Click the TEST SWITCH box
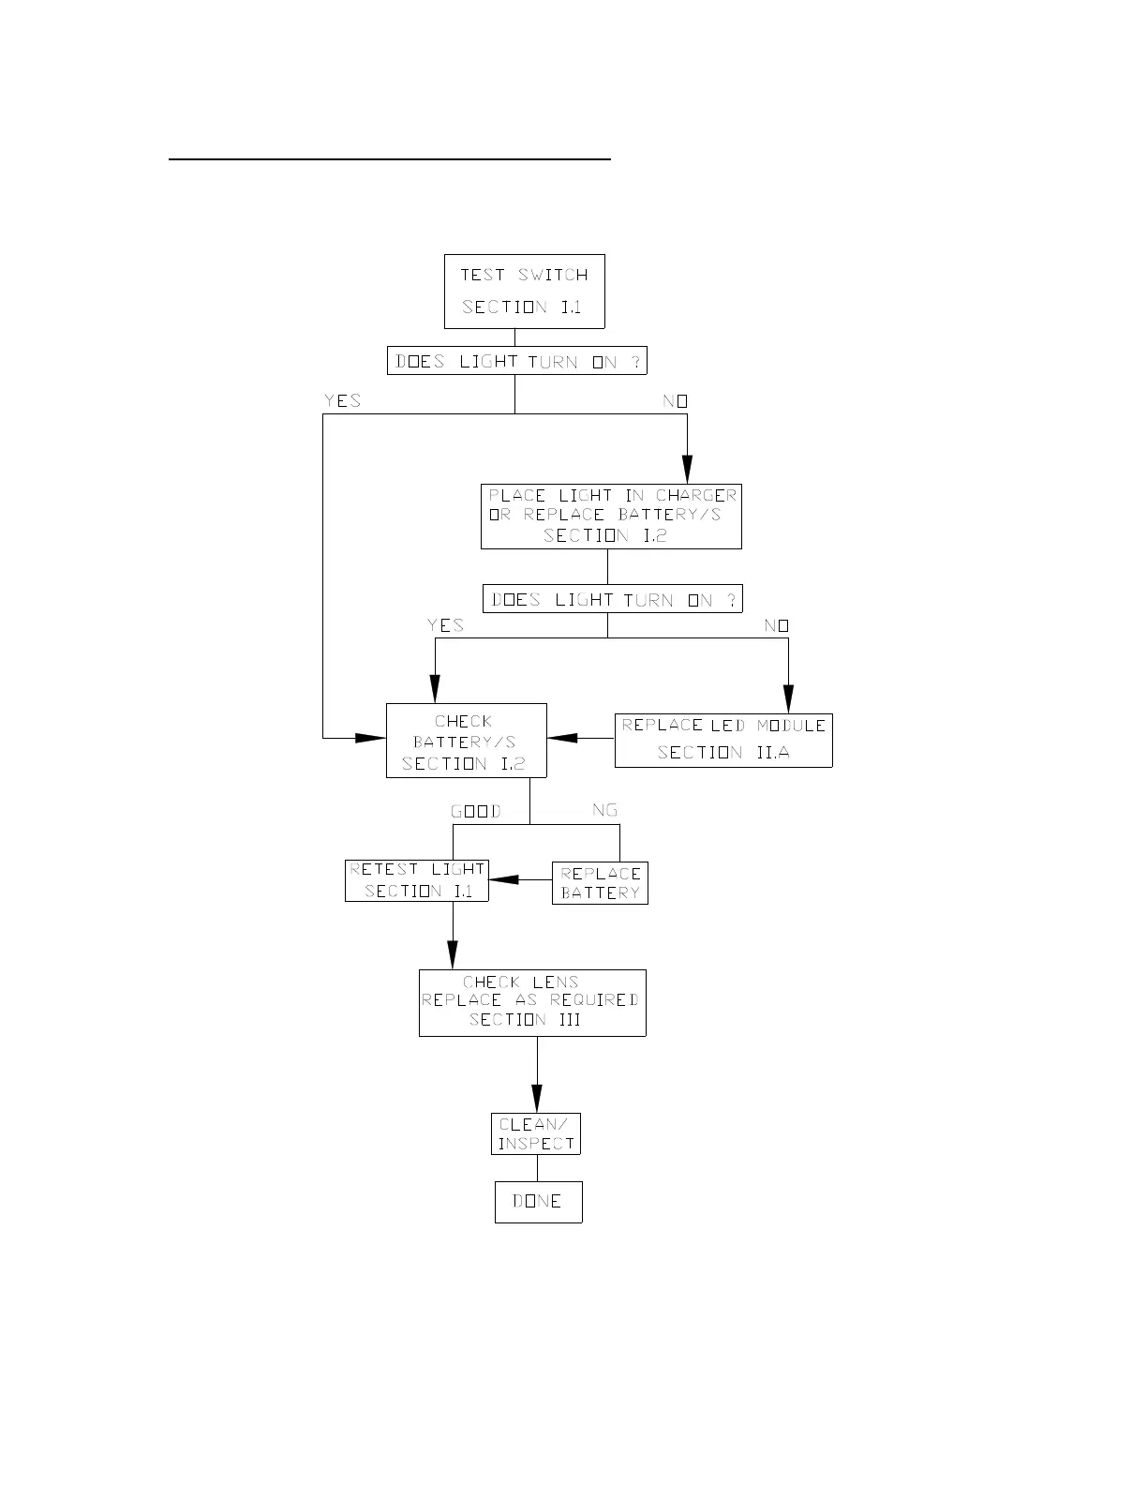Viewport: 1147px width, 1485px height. tap(524, 291)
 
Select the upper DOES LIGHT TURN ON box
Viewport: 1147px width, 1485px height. tap(516, 361)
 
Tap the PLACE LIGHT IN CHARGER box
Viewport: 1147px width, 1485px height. tap(611, 516)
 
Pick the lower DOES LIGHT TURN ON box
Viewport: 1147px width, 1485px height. tap(612, 599)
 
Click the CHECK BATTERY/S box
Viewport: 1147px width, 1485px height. tap(466, 741)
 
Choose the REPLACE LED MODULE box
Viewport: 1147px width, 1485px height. tap(722, 740)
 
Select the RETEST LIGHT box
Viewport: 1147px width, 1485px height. tap(416, 880)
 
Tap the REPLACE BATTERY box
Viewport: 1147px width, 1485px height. tap(600, 883)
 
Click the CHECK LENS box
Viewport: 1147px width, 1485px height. tap(531, 1002)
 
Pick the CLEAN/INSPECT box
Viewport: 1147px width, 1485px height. tap(536, 1133)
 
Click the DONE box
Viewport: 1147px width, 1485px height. tap(538, 1202)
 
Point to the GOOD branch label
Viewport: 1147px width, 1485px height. tap(476, 811)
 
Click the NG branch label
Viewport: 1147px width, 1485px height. tap(604, 810)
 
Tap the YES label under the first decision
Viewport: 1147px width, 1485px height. tap(342, 400)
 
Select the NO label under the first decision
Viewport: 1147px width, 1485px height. tap(675, 400)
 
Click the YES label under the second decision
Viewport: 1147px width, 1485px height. tap(445, 625)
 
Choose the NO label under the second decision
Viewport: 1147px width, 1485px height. tap(776, 625)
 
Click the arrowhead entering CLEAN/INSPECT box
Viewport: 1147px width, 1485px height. tap(537, 1099)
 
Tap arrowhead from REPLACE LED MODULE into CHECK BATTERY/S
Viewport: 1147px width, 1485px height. tap(561, 738)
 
